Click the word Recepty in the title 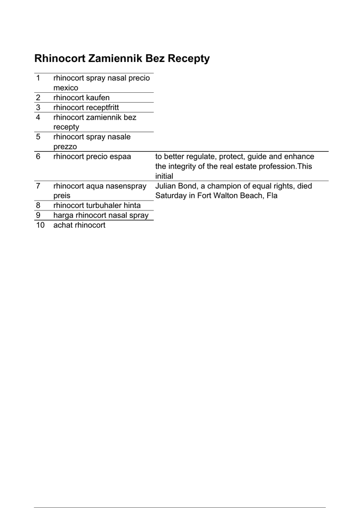[189, 59]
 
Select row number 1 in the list [38, 78]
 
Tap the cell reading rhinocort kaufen [81, 97]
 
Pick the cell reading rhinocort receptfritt [86, 107]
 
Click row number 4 [38, 117]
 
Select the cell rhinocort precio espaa [92, 156]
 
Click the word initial [164, 176]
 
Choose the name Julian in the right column [167, 186]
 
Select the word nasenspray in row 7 [124, 186]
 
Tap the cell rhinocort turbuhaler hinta [97, 205]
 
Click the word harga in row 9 [63, 215]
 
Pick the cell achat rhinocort [79, 225]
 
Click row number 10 [40, 225]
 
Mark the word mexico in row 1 [66, 88]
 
